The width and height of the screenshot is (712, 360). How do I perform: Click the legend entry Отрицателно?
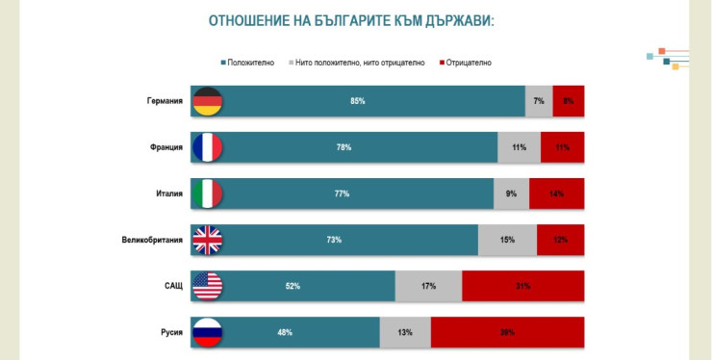pyautogui.click(x=470, y=63)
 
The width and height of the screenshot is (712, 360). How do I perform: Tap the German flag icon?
pyautogui.click(x=208, y=101)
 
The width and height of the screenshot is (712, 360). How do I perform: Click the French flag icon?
pyautogui.click(x=208, y=147)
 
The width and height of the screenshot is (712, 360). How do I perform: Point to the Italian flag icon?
pyautogui.click(x=208, y=193)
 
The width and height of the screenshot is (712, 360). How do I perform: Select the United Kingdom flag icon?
pyautogui.click(x=208, y=240)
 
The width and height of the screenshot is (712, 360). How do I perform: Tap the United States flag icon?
pyautogui.click(x=208, y=286)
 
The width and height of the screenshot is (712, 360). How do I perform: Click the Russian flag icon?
pyautogui.click(x=208, y=332)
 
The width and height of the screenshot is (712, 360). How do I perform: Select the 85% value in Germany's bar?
pyautogui.click(x=358, y=101)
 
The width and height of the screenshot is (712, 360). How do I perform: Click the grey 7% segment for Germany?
pyautogui.click(x=539, y=101)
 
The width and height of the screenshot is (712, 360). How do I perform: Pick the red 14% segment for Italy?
pyautogui.click(x=557, y=193)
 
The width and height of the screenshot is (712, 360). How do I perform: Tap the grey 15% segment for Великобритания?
pyautogui.click(x=508, y=240)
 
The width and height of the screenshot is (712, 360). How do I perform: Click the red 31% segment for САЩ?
pyautogui.click(x=523, y=286)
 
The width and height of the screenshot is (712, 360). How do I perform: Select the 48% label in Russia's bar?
pyautogui.click(x=286, y=332)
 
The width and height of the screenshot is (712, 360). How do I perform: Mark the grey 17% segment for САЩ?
pyautogui.click(x=428, y=286)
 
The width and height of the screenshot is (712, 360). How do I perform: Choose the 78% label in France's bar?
pyautogui.click(x=343, y=147)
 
